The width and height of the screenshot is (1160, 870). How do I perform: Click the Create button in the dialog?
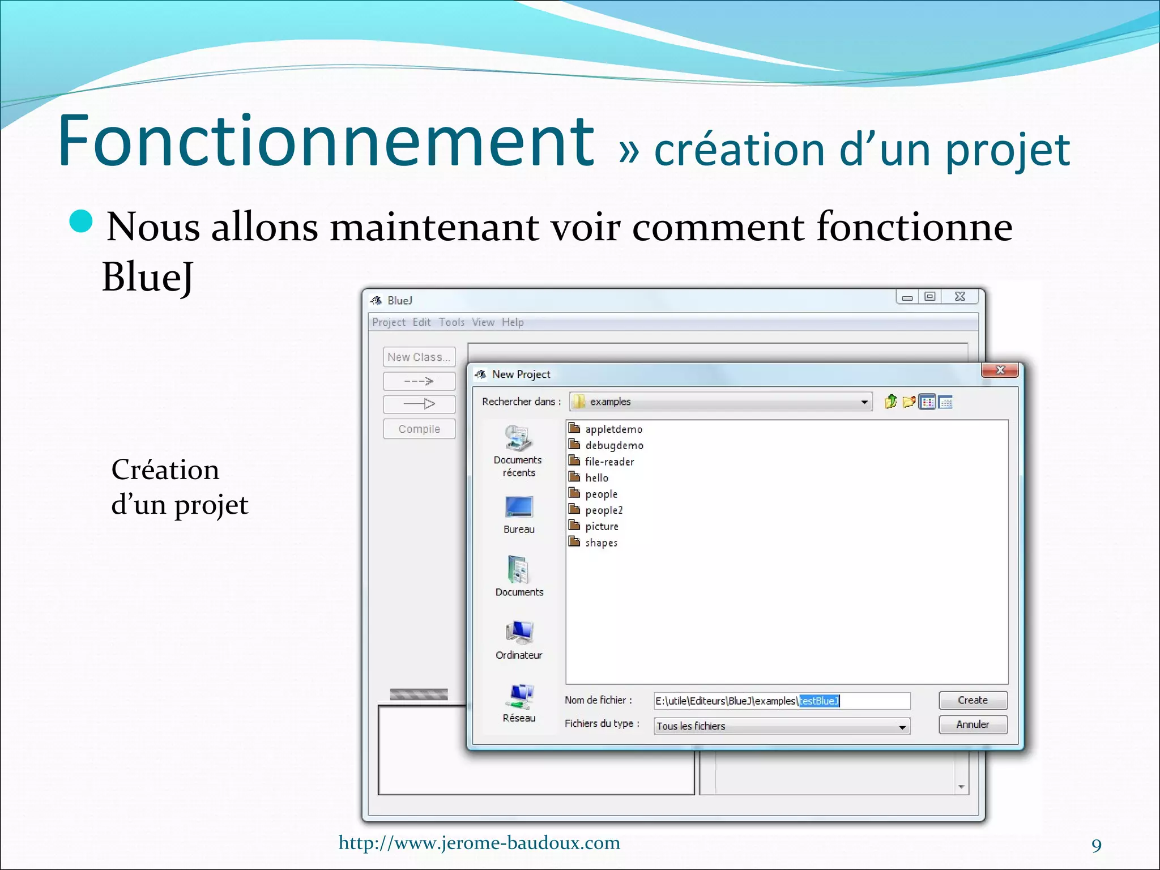click(x=973, y=700)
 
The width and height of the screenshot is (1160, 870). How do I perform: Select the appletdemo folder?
click(x=613, y=429)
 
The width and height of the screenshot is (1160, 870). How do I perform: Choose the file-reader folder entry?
click(x=609, y=462)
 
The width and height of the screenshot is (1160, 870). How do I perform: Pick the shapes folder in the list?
click(x=600, y=543)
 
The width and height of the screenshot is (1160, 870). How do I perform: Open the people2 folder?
click(x=603, y=510)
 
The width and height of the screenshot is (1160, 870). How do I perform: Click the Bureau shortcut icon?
click(x=519, y=507)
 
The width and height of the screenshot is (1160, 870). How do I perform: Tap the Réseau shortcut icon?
click(x=519, y=696)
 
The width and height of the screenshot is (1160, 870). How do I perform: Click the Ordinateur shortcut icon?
click(x=519, y=633)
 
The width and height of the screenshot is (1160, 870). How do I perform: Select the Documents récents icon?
click(x=518, y=439)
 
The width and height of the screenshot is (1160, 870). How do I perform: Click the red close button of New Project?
click(x=1000, y=370)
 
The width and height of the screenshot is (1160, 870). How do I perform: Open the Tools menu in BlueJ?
click(x=451, y=322)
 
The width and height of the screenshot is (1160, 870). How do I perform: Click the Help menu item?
click(x=513, y=322)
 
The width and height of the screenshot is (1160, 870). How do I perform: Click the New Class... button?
click(x=419, y=357)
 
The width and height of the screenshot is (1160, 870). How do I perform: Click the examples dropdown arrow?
click(x=864, y=402)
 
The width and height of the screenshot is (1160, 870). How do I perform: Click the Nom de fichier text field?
click(x=782, y=701)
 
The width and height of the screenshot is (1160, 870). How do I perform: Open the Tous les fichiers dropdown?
click(x=902, y=727)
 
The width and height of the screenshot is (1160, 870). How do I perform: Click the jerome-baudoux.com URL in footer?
click(x=479, y=843)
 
